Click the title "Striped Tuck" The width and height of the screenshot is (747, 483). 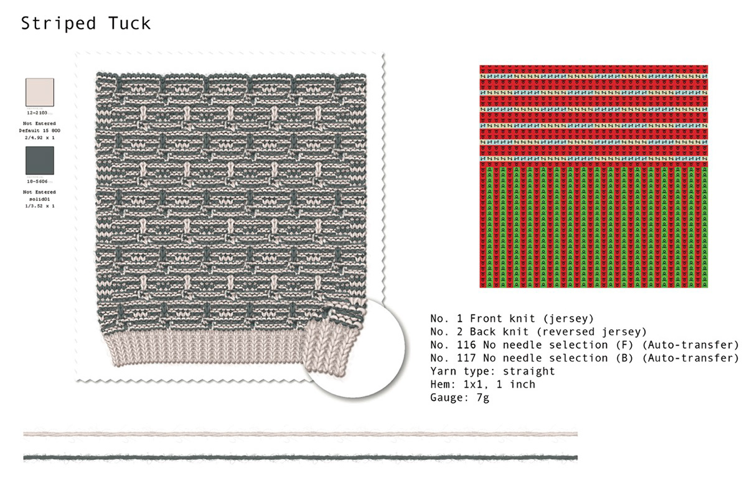click(x=86, y=24)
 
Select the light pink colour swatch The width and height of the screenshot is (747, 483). click(x=39, y=93)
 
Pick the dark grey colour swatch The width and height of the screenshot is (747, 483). click(x=39, y=161)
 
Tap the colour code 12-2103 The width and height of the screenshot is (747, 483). click(x=39, y=115)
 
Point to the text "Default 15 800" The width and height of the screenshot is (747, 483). click(x=39, y=131)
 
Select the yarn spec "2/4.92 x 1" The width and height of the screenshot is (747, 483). click(x=39, y=138)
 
